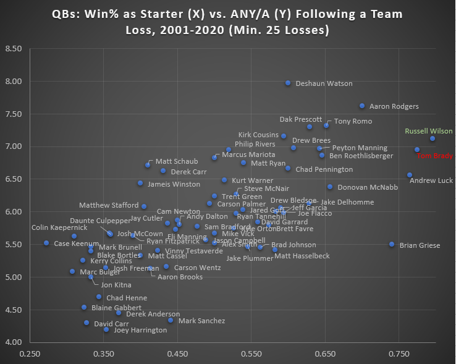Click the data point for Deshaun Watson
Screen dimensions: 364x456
tap(288, 83)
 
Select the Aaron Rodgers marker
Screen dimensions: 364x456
tap(362, 106)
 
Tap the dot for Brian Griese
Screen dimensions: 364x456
tap(392, 245)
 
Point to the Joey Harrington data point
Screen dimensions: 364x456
tap(106, 329)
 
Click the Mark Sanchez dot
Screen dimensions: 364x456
tap(171, 320)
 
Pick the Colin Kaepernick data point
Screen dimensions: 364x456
tap(74, 236)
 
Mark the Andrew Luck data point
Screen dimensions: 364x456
tap(410, 175)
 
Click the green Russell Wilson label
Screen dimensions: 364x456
tap(429, 131)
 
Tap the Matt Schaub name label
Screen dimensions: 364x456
tap(172, 161)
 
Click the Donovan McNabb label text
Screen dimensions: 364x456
tap(368, 187)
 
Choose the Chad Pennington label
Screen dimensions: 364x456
tap(324, 169)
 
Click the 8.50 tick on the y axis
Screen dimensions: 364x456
tap(13, 49)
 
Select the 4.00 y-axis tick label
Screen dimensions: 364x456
tap(13, 342)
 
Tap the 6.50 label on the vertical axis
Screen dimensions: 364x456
tap(13, 179)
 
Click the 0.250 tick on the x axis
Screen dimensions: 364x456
tap(29, 355)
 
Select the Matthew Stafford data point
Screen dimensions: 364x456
tap(144, 206)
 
